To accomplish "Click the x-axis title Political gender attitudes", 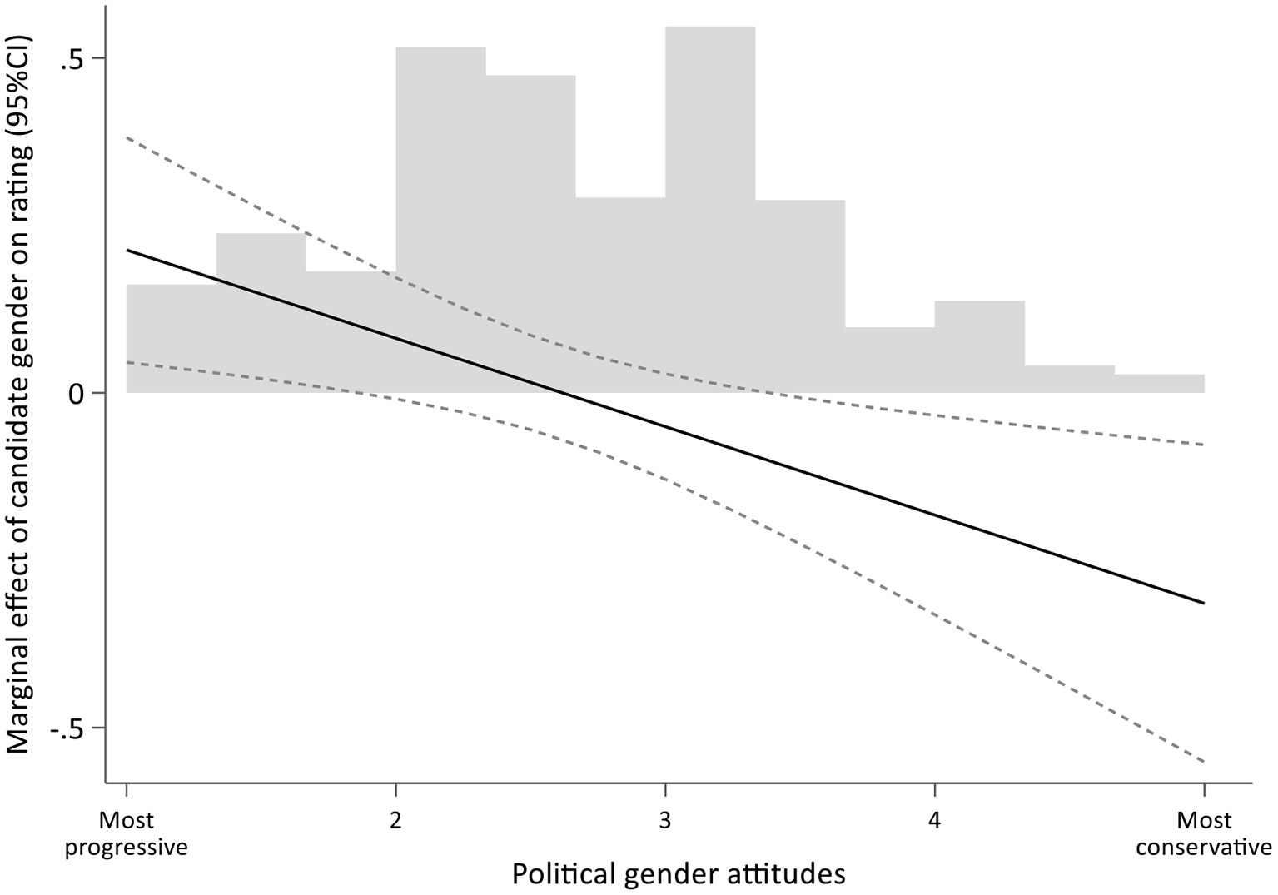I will click(x=678, y=873).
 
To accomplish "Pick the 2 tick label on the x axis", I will click(x=395, y=821).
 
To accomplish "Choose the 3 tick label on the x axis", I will click(x=664, y=821).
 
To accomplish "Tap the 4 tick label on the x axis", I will click(x=934, y=821).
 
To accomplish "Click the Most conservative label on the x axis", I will click(x=1204, y=833).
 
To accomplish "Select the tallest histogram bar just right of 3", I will click(x=710, y=208).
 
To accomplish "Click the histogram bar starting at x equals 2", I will click(x=440, y=216).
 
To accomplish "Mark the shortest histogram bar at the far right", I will click(x=1159, y=384).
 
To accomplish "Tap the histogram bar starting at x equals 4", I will click(x=979, y=346).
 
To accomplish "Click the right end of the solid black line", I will click(x=1204, y=603).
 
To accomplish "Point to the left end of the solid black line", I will click(x=127, y=249).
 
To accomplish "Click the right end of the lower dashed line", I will click(x=1204, y=762).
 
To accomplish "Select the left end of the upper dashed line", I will click(x=127, y=137).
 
